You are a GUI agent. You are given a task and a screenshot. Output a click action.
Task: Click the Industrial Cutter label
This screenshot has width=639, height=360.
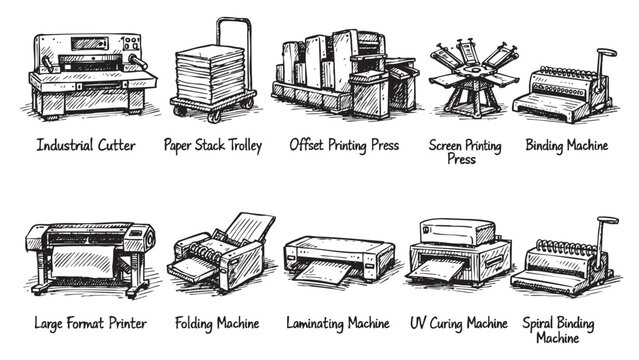point(86,146)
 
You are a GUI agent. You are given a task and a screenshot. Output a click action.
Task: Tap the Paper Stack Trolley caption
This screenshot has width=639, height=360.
point(213,146)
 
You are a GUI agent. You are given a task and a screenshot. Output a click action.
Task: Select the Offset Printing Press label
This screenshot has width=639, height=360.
point(344,146)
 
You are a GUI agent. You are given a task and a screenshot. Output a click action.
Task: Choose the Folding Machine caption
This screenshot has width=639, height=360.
point(216,323)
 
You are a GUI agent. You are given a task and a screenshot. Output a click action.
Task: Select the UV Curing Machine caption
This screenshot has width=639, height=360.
point(458,323)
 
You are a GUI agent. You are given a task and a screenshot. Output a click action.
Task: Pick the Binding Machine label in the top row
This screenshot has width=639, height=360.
point(567,146)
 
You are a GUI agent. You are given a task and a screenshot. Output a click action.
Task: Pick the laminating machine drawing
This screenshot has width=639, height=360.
point(338,260)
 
